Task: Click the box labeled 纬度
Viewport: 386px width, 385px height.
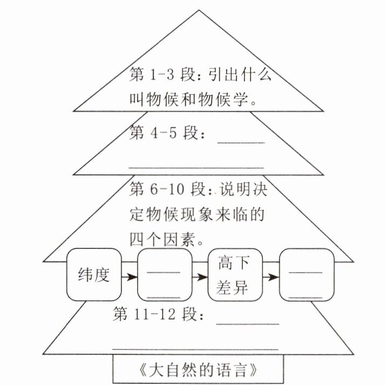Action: coord(93,275)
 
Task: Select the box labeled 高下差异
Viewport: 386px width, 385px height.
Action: coord(234,275)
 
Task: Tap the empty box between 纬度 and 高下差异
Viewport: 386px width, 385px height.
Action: coord(164,275)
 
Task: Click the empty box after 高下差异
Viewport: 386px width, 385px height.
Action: coord(306,275)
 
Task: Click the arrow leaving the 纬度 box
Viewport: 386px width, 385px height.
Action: coord(129,277)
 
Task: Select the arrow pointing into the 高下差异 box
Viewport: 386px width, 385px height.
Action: coord(200,277)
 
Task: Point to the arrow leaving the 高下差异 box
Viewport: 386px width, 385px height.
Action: coord(270,277)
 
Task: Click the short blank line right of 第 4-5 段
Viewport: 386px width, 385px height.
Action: coord(240,142)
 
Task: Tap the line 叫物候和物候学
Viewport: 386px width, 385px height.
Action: coord(192,100)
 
